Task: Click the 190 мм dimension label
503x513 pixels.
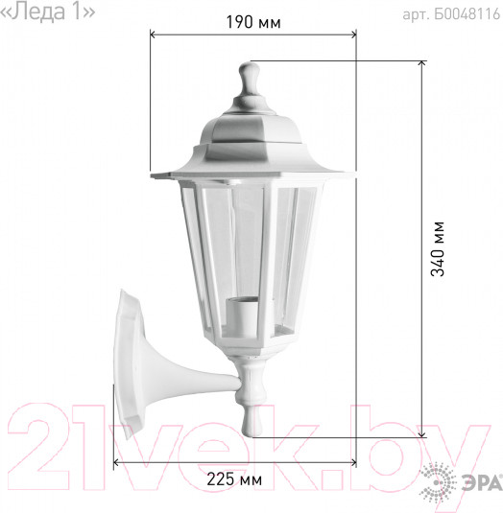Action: [x=253, y=23]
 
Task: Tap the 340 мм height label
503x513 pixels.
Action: [x=438, y=249]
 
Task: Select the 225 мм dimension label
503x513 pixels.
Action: [x=234, y=479]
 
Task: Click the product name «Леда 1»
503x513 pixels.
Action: [x=47, y=12]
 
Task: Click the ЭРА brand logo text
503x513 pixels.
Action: [x=483, y=483]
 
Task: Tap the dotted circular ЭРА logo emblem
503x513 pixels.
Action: [x=438, y=482]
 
